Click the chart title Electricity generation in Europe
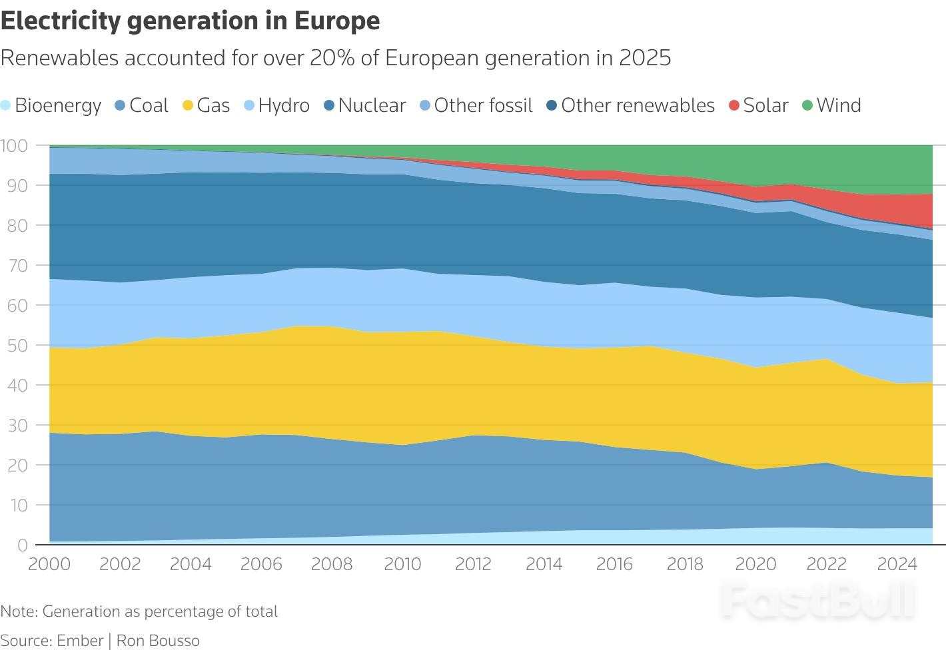[x=190, y=21]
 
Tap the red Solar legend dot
[x=734, y=105]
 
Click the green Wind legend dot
[x=807, y=105]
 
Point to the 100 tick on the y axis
[x=13, y=145]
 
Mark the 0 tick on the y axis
[x=23, y=545]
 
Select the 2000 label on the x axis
[x=49, y=564]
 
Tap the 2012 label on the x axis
[x=473, y=564]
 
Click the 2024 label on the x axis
[x=897, y=564]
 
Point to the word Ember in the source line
[x=80, y=641]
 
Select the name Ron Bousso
[x=158, y=641]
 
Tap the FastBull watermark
[x=818, y=599]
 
